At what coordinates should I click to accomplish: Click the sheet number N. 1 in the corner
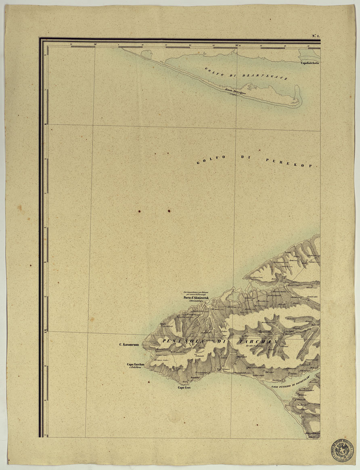point(316,36)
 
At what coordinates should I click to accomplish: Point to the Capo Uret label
point(184,388)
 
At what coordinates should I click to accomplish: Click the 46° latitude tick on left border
point(45,124)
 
